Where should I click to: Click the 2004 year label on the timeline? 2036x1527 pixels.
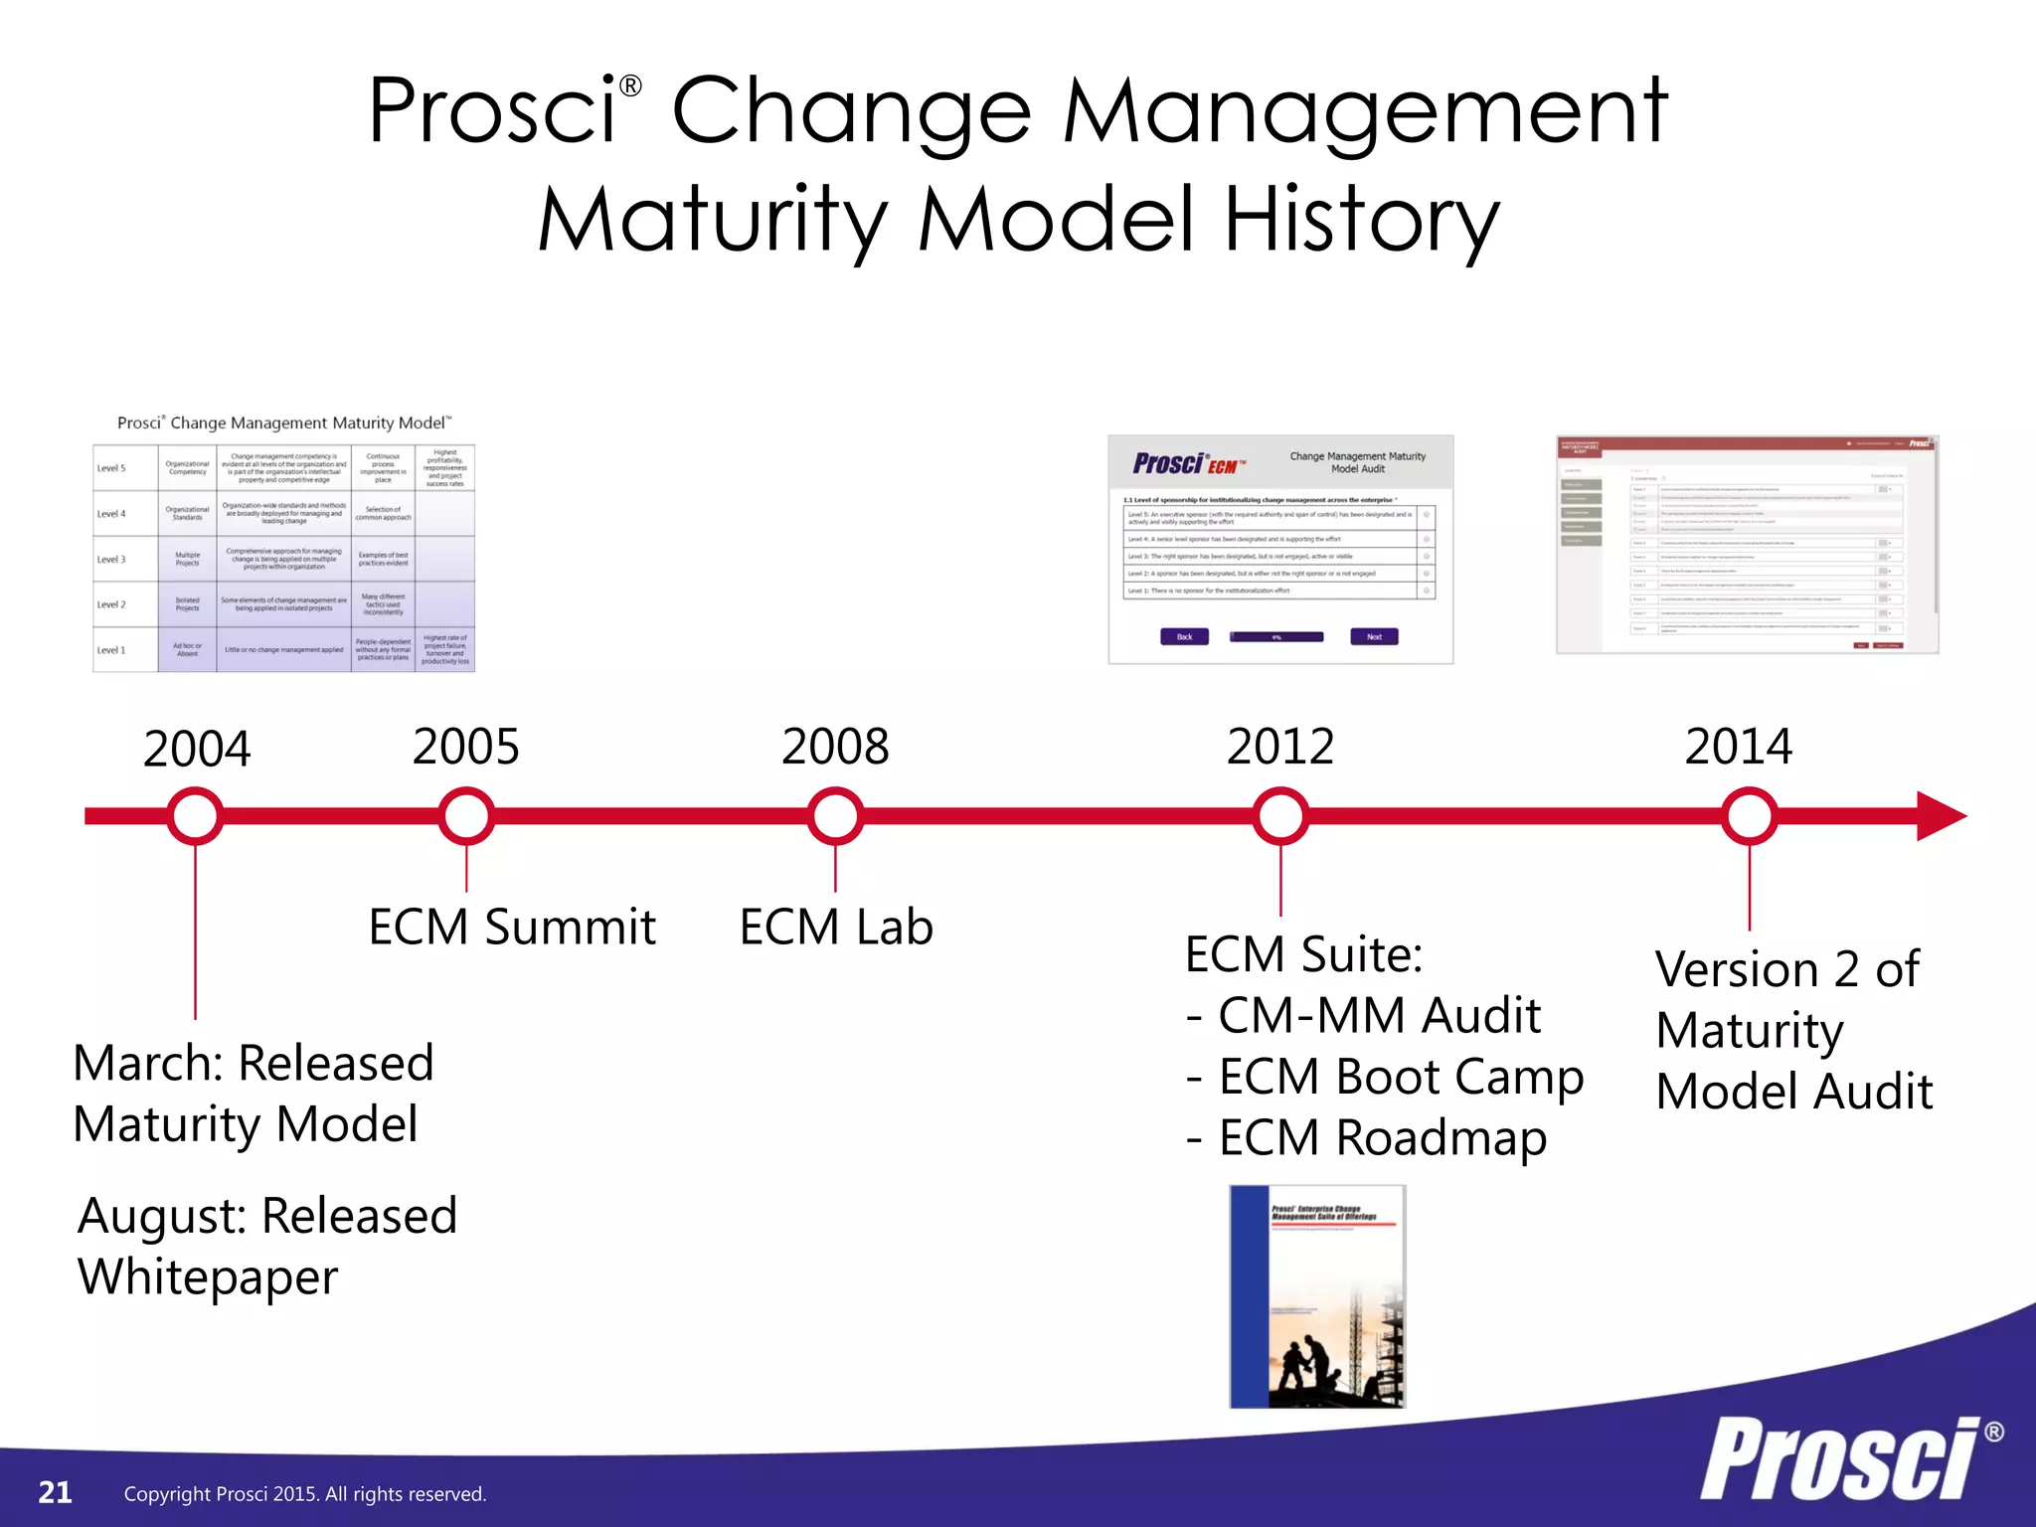coord(197,749)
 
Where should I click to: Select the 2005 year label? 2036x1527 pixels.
coord(465,747)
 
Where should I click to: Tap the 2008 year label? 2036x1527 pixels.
coord(835,747)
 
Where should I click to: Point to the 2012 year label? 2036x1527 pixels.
coord(1280,747)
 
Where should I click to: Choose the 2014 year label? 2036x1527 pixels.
coord(1739,747)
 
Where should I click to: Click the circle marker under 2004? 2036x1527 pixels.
coord(196,816)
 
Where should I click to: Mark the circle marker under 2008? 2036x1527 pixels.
coord(835,816)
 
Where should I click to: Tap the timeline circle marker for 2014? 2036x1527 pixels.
coord(1749,816)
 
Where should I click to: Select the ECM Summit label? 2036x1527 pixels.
coord(512,928)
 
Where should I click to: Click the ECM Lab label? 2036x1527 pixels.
coord(836,928)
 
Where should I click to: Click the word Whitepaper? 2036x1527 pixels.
coord(208,1277)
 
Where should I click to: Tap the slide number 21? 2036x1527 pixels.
coord(55,1492)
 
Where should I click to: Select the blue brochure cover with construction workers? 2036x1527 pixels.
coord(1317,1296)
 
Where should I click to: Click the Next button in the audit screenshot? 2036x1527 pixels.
coord(1374,636)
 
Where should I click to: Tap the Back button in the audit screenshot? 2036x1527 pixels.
coord(1184,636)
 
